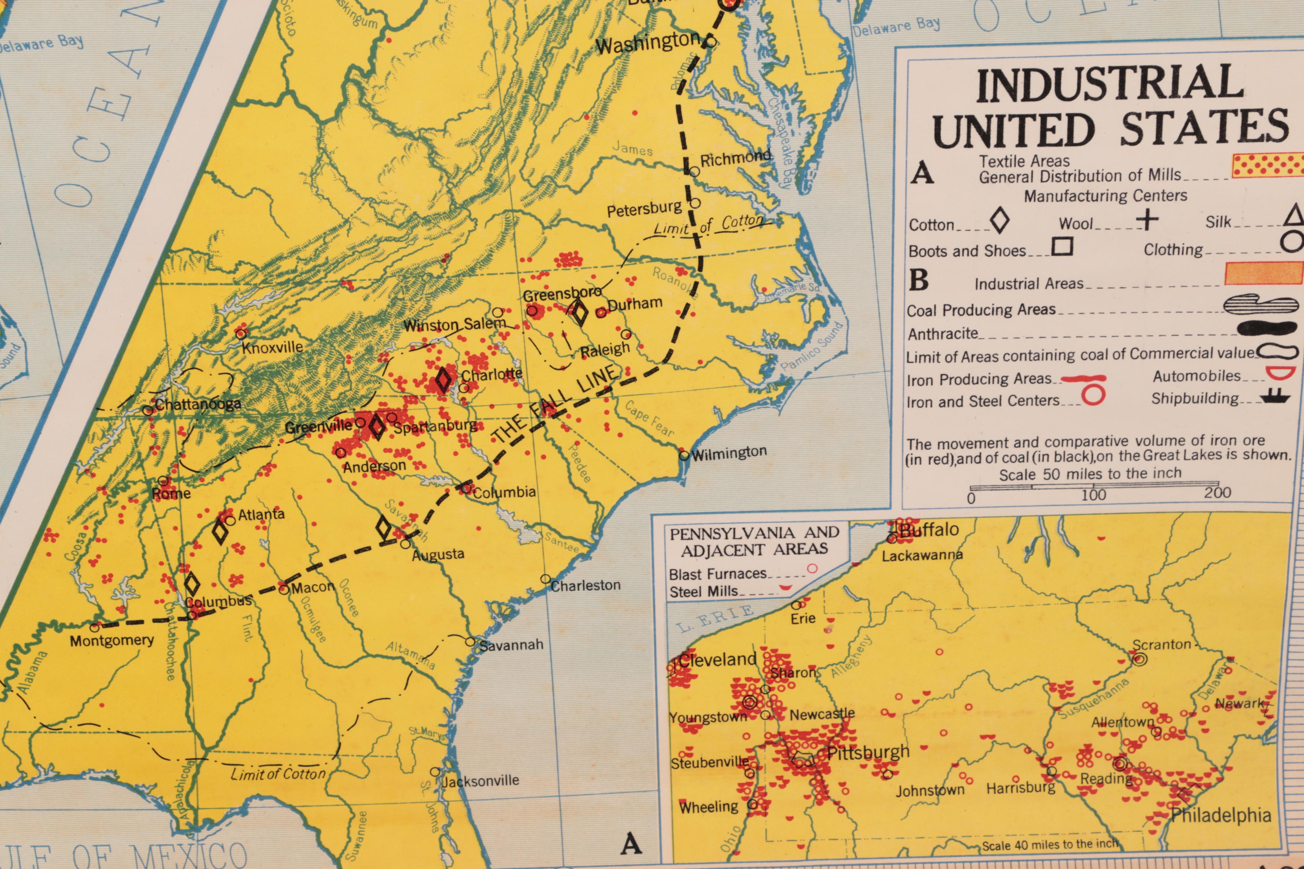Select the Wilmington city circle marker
pos(684,455)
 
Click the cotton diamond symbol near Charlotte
pos(443,380)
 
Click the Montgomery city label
pos(111,641)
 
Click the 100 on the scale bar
pos(1093,494)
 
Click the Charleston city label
pos(585,585)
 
